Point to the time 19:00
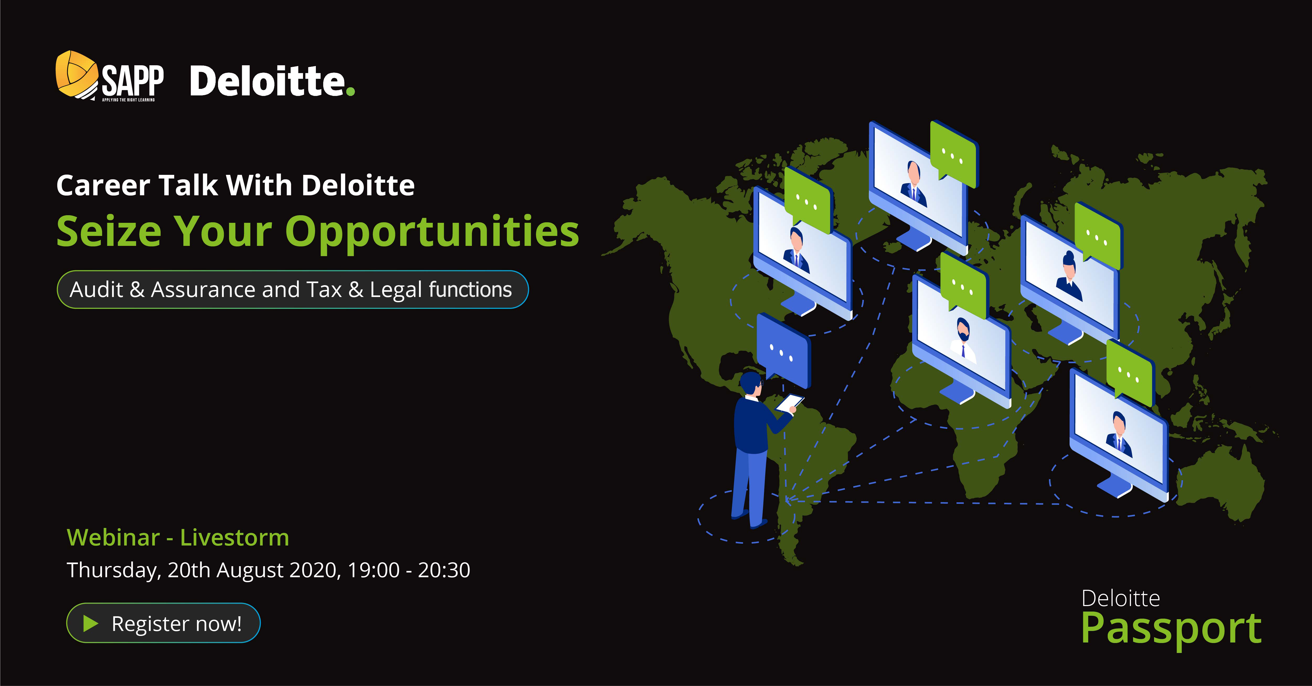[373, 570]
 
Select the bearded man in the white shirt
[963, 341]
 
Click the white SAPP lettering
[132, 80]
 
